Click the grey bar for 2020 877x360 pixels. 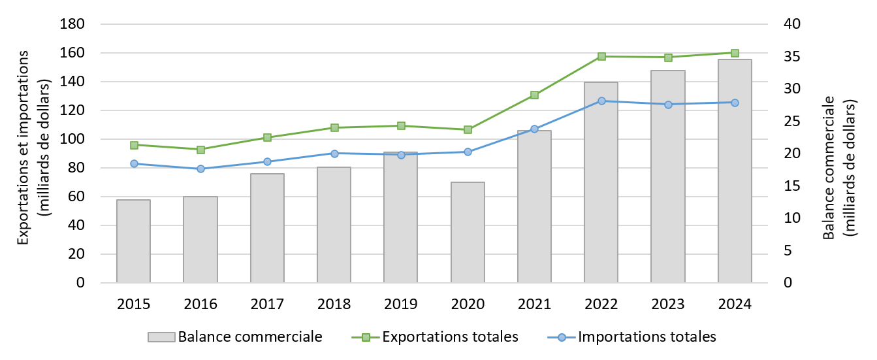(468, 232)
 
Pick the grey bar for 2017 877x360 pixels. (267, 228)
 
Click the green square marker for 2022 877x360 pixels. (601, 57)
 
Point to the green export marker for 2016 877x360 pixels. (200, 150)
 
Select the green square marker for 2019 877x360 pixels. (401, 125)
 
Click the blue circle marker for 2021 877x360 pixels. (534, 129)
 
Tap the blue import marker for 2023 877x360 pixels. (668, 105)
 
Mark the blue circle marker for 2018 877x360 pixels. (334, 154)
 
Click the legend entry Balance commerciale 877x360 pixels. (235, 337)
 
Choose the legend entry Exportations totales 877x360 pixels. (436, 337)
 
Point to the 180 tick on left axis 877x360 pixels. (72, 24)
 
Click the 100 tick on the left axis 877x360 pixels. (72, 139)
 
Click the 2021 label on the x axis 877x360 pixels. (534, 304)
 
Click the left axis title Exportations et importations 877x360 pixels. (24, 148)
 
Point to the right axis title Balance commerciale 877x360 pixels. (829, 167)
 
